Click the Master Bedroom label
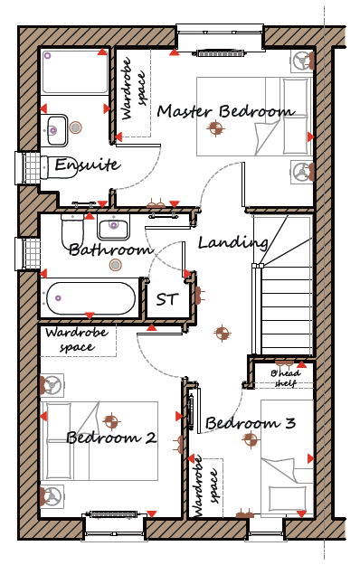225,111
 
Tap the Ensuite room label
88,165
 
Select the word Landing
233,243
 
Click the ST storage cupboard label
167,299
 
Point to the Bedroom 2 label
112,438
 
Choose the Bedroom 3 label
251,423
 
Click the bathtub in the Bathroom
90,298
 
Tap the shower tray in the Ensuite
75,71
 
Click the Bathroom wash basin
113,227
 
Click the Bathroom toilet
72,230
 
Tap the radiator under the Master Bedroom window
222,53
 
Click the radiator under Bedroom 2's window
113,514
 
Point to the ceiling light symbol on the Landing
223,333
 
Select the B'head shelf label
286,378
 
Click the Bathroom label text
110,250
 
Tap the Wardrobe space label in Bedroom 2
77,339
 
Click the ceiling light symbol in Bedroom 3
251,439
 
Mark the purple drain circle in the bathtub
58,298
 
